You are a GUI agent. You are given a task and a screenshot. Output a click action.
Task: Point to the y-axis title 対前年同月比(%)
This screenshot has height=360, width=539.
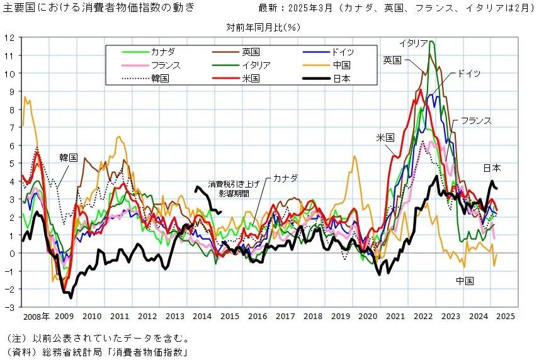(x=263, y=27)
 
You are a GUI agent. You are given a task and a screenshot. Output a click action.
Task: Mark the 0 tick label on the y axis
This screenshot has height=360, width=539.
(x=13, y=253)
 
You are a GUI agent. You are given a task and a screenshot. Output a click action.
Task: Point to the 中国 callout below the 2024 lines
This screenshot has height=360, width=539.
(x=465, y=280)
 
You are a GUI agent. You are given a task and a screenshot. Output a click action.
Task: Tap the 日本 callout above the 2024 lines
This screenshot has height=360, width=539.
(x=492, y=168)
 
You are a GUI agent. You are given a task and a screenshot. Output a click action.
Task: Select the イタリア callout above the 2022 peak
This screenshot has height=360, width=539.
(x=414, y=43)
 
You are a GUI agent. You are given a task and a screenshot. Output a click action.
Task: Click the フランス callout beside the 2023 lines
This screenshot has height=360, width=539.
(x=475, y=120)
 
